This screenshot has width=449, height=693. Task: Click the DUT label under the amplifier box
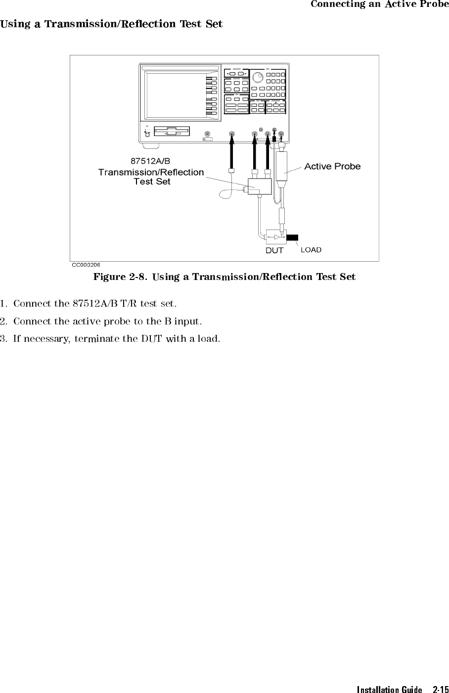(274, 251)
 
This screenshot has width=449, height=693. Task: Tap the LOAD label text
(311, 250)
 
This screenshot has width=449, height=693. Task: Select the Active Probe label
(332, 166)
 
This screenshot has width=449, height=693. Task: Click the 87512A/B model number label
(150, 161)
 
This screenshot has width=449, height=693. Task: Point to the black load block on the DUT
(292, 237)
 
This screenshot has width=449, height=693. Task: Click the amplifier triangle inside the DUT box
(277, 237)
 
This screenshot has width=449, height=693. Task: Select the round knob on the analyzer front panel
(257, 76)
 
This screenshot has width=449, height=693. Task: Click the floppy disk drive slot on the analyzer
(172, 132)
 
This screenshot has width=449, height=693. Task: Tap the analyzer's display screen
(176, 95)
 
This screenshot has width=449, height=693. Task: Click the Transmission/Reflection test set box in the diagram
(260, 186)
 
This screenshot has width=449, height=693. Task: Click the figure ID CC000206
(86, 265)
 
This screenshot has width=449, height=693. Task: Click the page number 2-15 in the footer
(441, 689)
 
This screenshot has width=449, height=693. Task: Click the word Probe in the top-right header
(434, 4)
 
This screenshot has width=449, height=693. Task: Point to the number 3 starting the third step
(2, 339)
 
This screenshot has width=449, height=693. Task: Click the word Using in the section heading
(16, 24)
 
